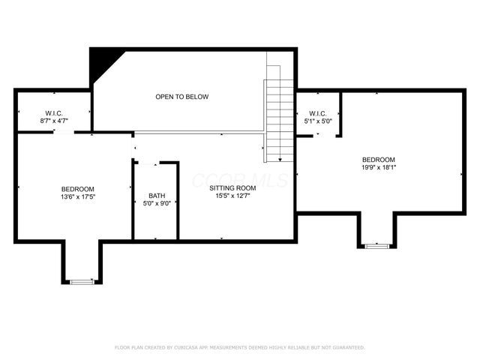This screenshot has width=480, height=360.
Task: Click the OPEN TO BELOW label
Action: (181, 97)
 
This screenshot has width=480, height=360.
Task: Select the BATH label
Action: (157, 195)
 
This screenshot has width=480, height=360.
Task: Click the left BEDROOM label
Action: (78, 188)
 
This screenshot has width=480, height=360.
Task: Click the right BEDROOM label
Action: (378, 159)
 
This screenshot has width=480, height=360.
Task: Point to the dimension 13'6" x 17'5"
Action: (78, 196)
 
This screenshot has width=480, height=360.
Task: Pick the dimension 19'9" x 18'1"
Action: (378, 167)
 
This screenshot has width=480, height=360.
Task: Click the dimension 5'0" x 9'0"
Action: (157, 203)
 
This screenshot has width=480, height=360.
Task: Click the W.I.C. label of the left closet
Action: (52, 112)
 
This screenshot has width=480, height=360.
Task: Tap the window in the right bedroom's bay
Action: (376, 245)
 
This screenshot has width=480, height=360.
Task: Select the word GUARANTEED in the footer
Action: (349, 347)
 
